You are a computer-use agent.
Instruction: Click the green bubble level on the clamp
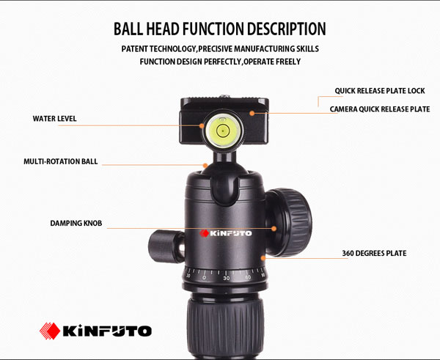pos(223,131)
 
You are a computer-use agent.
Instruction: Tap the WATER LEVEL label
pos(55,119)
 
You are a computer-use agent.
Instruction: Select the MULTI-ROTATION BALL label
pos(61,161)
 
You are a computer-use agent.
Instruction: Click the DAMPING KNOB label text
pos(76,224)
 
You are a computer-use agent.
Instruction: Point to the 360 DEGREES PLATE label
pos(374,254)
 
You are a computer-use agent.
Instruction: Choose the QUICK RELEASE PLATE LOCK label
pos(380,91)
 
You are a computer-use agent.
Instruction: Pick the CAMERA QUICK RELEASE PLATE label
pos(380,109)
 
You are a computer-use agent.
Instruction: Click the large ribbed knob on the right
pos(288,222)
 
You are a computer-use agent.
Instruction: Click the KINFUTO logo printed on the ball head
pos(226,233)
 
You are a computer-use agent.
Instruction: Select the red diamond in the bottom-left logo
pos(50,331)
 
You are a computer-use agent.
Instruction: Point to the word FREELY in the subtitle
pos(288,62)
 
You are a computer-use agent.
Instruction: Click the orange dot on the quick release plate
pos(252,113)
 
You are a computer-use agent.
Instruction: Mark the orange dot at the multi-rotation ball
pos(205,166)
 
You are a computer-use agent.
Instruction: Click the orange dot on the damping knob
pos(274,229)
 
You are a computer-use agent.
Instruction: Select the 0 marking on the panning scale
pos(204,278)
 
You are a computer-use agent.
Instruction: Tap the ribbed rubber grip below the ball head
pos(225,328)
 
